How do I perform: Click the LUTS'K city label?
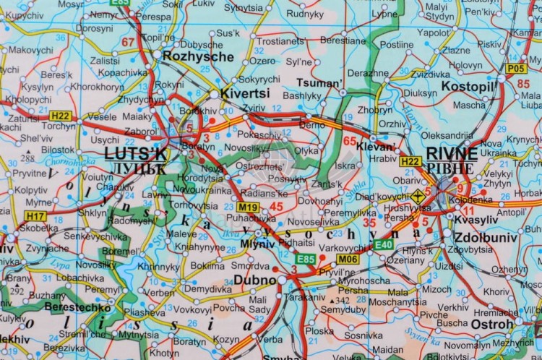click(135, 153)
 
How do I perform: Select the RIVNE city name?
click(452, 153)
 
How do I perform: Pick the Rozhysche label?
click(199, 56)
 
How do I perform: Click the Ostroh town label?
click(492, 324)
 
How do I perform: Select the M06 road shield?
click(348, 259)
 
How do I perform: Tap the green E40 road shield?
click(384, 245)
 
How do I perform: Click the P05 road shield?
click(515, 69)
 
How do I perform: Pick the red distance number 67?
click(128, 42)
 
